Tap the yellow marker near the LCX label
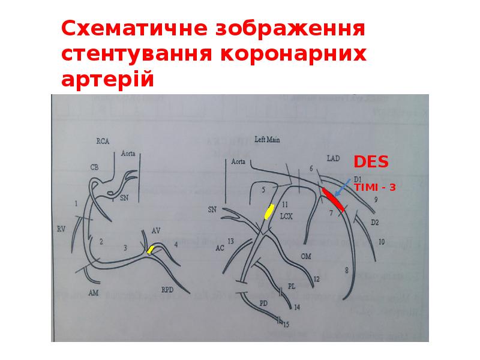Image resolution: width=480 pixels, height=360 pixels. pyautogui.click(x=269, y=211)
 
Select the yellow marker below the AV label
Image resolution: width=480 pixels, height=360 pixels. pyautogui.click(x=151, y=250)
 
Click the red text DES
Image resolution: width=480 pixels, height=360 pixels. pyautogui.click(x=370, y=162)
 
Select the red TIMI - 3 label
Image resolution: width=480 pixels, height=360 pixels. pyautogui.click(x=375, y=187)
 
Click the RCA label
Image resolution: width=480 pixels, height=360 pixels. pyautogui.click(x=103, y=142)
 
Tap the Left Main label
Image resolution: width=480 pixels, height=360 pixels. pyautogui.click(x=268, y=139)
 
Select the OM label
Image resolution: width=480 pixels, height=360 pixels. pyautogui.click(x=305, y=256)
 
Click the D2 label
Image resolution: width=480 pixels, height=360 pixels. pyautogui.click(x=374, y=223)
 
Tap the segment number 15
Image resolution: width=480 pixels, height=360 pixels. pyautogui.click(x=286, y=325)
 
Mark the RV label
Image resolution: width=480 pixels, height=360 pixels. pyautogui.click(x=60, y=229)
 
